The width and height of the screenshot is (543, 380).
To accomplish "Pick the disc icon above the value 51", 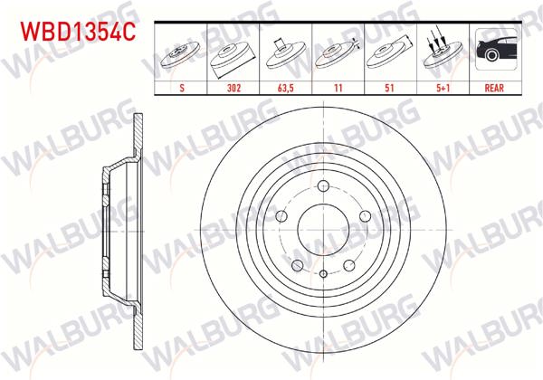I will coord(388,52).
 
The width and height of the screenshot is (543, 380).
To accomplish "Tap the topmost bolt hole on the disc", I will coord(324,187).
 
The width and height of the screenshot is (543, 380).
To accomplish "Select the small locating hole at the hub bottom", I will coord(324,272).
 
